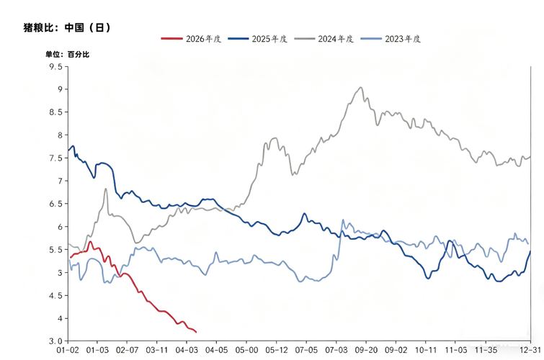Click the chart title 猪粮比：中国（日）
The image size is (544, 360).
(x=67, y=28)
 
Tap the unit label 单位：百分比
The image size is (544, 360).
(x=68, y=54)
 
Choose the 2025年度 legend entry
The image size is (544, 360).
(x=257, y=39)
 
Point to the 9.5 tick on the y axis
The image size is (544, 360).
(x=55, y=66)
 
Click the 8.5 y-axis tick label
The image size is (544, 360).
(x=55, y=112)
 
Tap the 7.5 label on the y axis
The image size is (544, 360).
(x=55, y=158)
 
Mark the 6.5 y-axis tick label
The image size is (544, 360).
(x=55, y=204)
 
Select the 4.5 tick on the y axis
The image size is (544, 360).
(x=55, y=295)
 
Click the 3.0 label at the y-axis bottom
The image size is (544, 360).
(x=55, y=341)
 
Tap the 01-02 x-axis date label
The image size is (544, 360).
(x=68, y=351)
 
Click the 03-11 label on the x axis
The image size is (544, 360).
(x=157, y=351)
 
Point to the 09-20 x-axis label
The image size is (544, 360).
(x=366, y=351)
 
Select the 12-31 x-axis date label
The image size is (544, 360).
(x=530, y=351)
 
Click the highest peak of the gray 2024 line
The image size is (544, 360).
(x=361, y=88)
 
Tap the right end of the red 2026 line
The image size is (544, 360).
(x=196, y=332)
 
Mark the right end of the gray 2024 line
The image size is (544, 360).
(x=531, y=156)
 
